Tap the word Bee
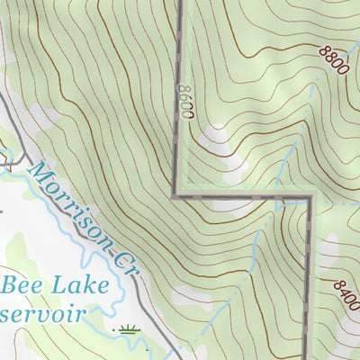pyautogui.click(x=20, y=287)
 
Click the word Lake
pyautogui.click(x=77, y=287)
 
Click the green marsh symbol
pyautogui.click(x=130, y=329)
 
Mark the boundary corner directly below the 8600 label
pyautogui.click(x=175, y=193)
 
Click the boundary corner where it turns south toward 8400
pyautogui.click(x=310, y=195)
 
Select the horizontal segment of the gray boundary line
pyautogui.click(x=243, y=194)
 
